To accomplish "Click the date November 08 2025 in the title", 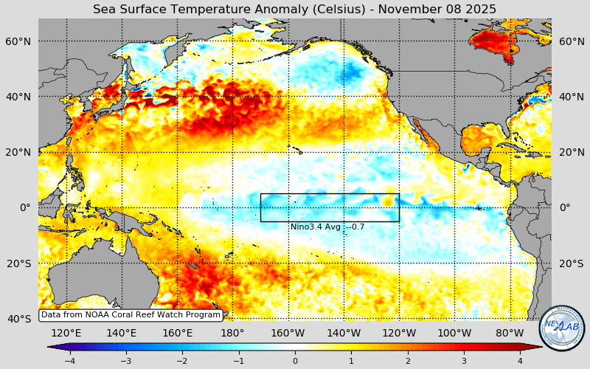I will click(440, 10).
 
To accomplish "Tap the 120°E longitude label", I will click(66, 333).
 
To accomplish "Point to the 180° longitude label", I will click(232, 333).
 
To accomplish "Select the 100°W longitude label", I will click(454, 333).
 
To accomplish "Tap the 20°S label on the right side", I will click(571, 263).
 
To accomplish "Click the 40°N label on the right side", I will click(571, 97).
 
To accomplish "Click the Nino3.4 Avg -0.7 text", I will click(327, 227).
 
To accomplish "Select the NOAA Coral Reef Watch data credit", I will click(131, 315).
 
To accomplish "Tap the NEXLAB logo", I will click(562, 328).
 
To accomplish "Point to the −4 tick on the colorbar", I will click(69, 361).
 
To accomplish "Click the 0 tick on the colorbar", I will click(295, 361).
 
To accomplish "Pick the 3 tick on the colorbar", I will click(464, 361).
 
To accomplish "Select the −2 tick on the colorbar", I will click(182, 361).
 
